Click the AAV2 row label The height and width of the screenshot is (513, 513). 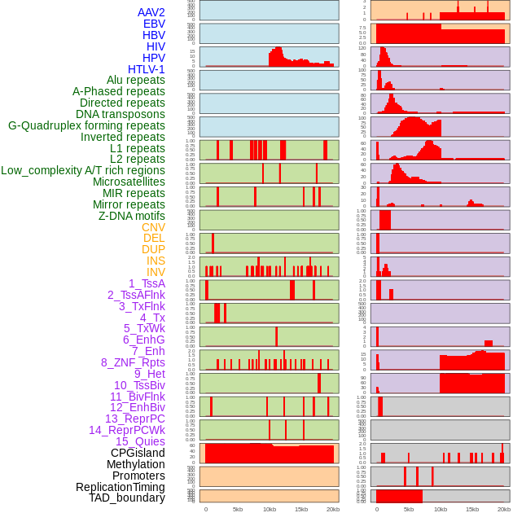(151, 12)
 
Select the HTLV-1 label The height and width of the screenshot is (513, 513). (147, 69)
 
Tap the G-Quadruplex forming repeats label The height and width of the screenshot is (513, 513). (86, 125)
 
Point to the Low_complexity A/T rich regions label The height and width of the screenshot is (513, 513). (83, 170)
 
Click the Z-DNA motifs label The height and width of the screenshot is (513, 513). (132, 216)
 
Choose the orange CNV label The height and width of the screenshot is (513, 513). (153, 227)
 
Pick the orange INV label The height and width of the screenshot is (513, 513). (156, 272)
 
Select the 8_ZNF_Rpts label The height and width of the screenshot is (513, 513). (133, 362)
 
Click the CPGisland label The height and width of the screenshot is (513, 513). (138, 453)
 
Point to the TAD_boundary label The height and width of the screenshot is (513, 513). (127, 498)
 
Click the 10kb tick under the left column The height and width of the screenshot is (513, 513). (270, 509)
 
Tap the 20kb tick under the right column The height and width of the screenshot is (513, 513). (504, 509)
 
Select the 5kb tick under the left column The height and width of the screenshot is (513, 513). (238, 509)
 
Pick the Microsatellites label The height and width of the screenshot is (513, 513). (129, 182)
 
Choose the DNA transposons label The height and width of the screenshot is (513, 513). (121, 114)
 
